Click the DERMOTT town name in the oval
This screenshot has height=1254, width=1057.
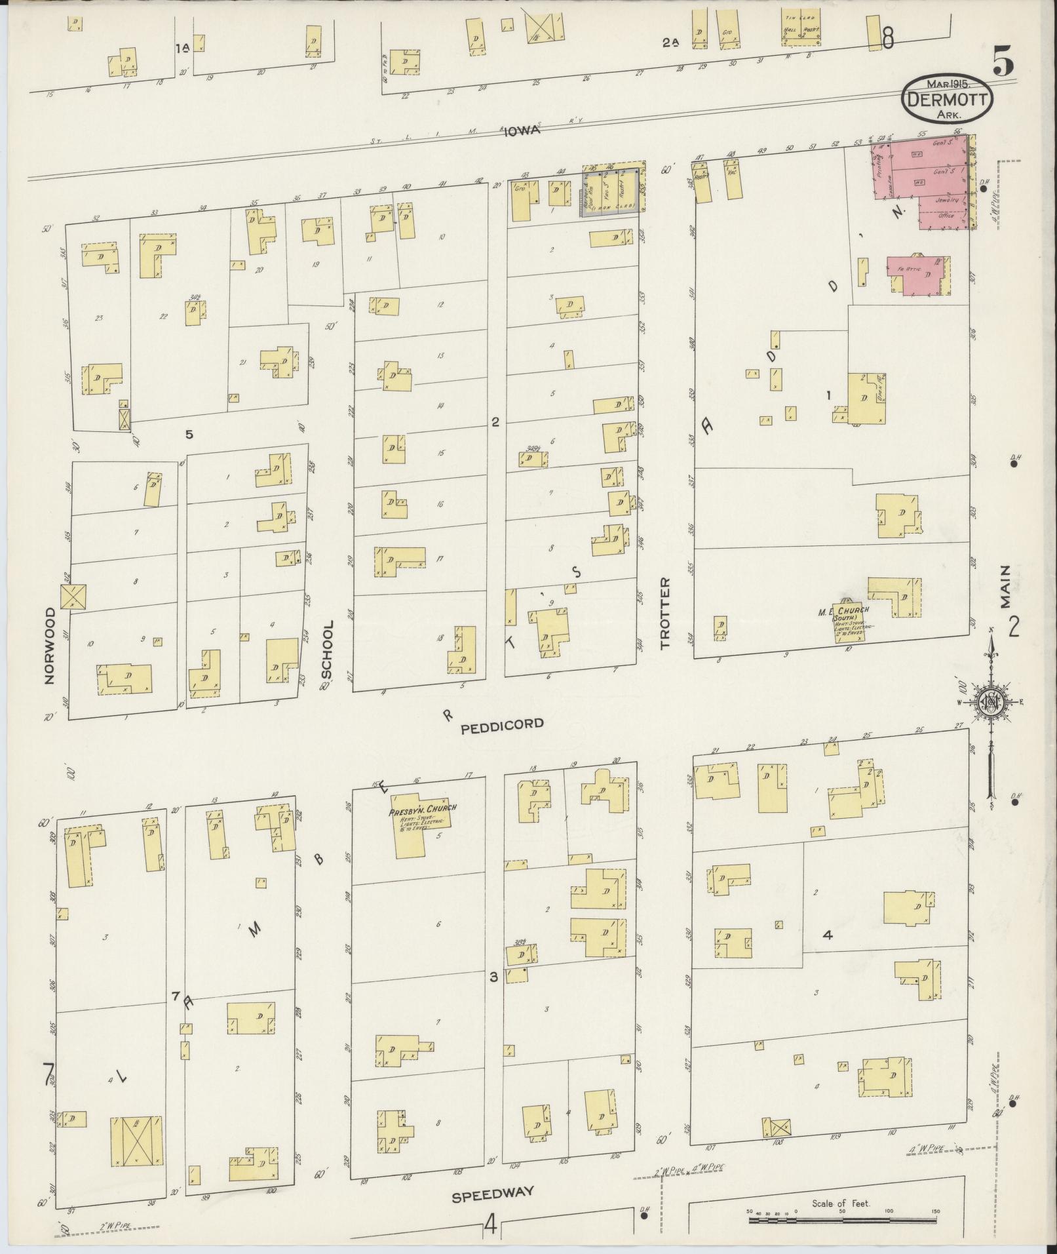(x=948, y=100)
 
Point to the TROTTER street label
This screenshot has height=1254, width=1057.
(x=666, y=614)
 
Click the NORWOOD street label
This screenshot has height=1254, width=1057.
(x=49, y=646)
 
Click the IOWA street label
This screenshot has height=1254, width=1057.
(x=522, y=130)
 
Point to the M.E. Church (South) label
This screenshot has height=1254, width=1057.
(x=850, y=613)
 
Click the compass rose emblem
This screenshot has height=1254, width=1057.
(x=991, y=703)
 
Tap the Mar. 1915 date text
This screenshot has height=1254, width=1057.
(x=948, y=85)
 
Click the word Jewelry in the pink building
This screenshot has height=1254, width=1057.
(x=947, y=200)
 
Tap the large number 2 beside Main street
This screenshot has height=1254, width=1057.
(x=1013, y=628)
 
